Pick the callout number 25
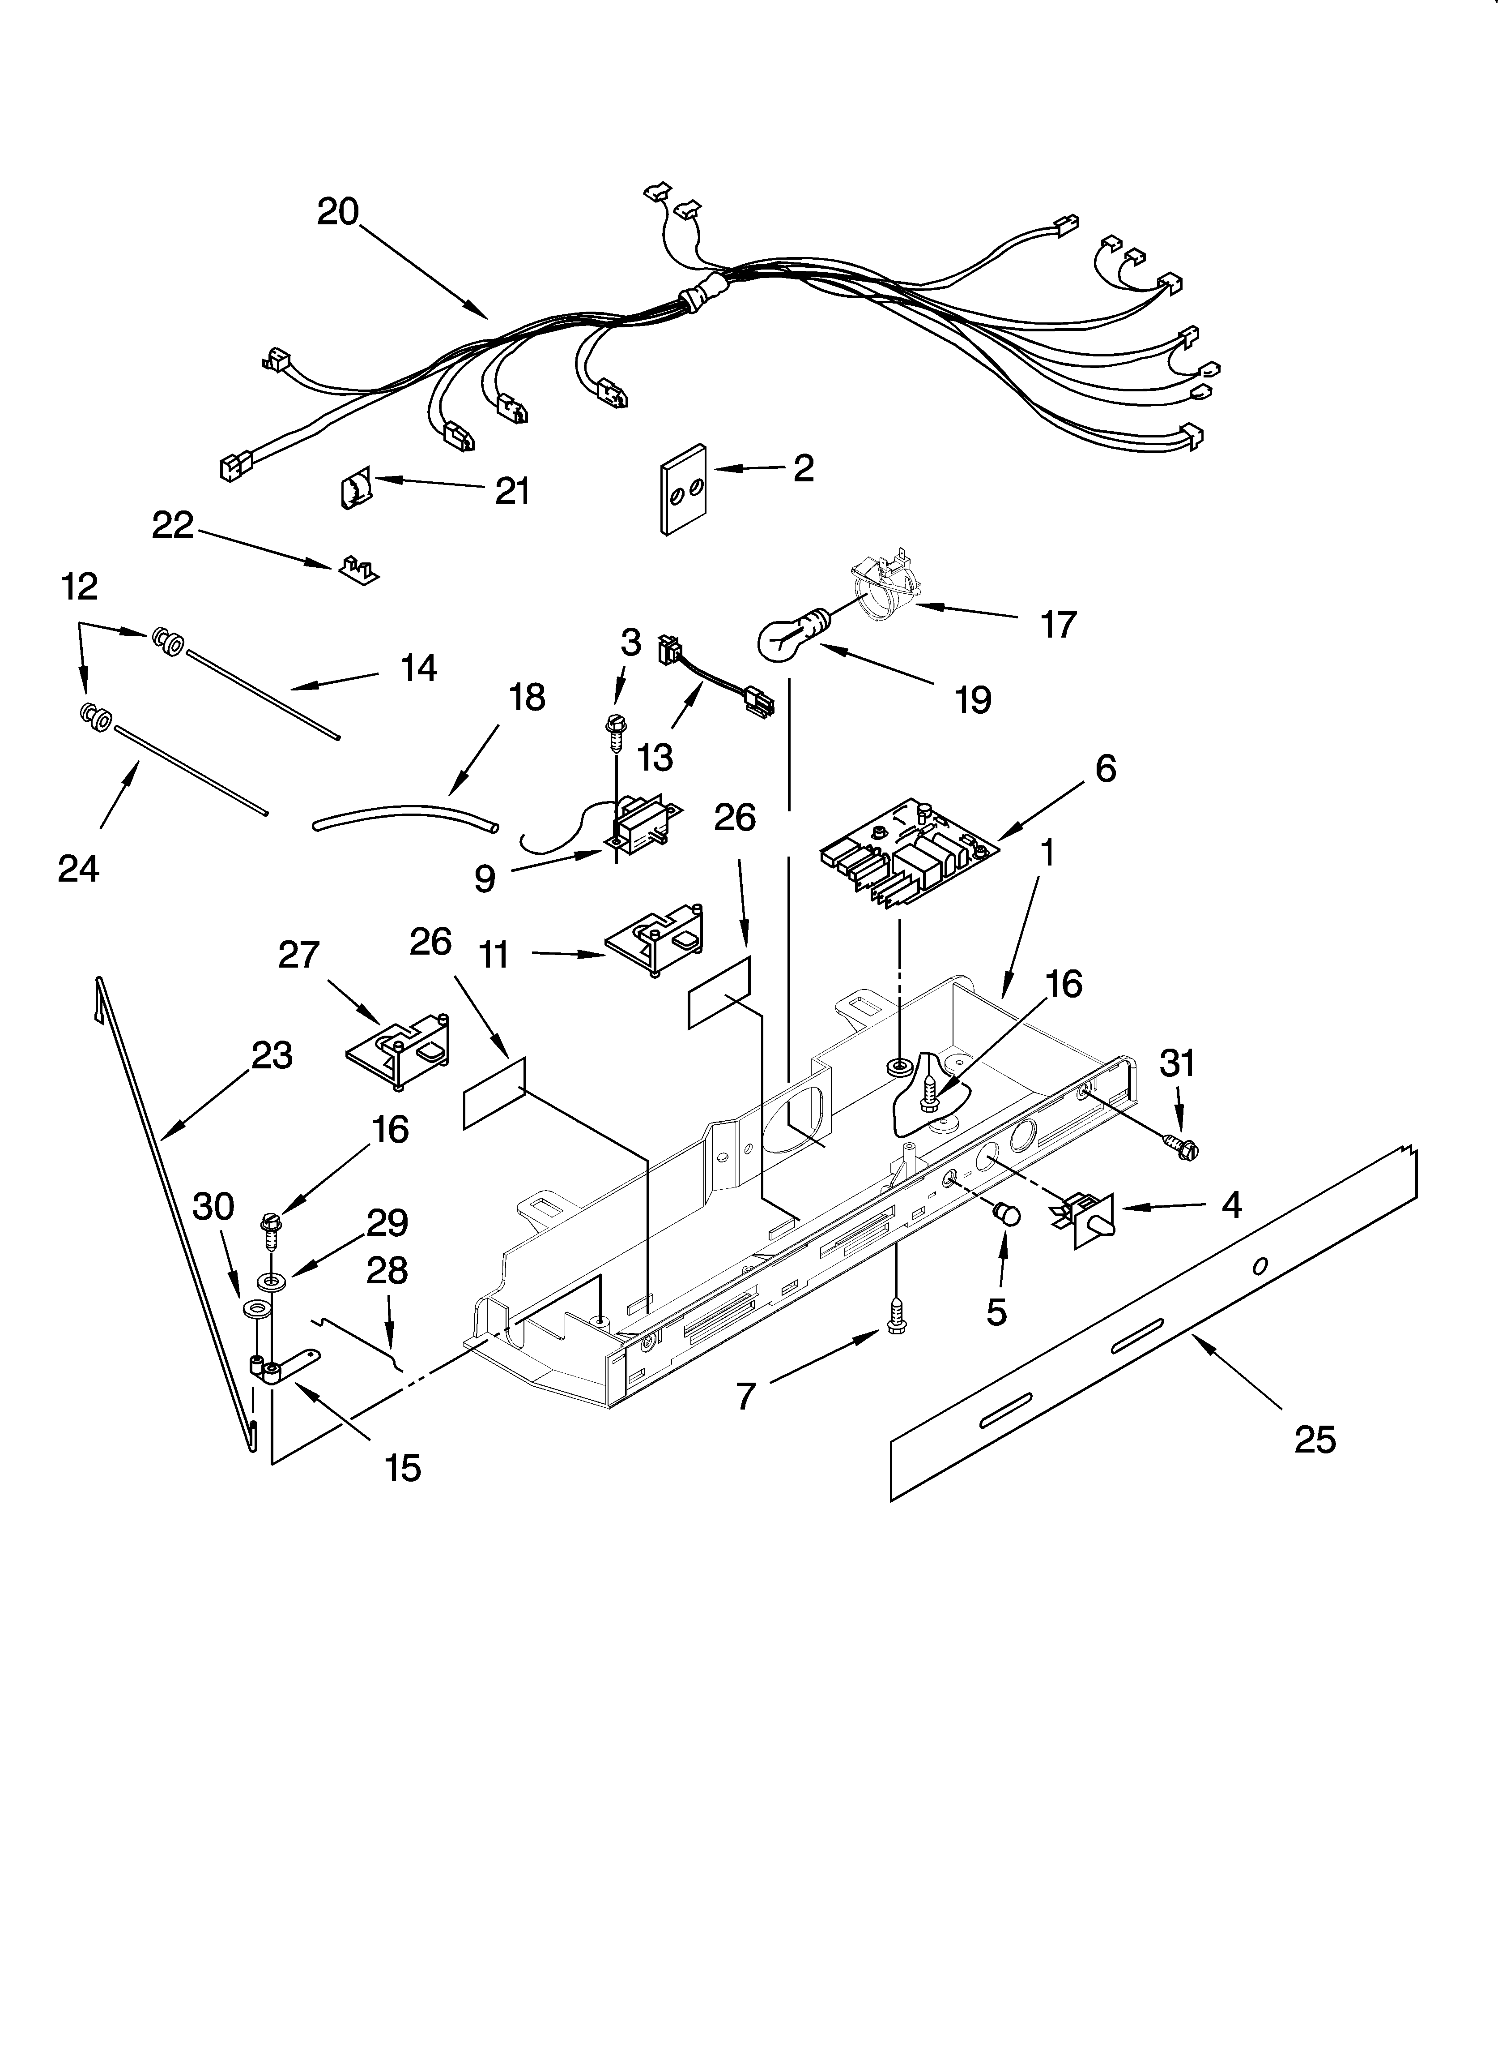1315,1439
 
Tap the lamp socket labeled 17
881,591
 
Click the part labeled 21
355,491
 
